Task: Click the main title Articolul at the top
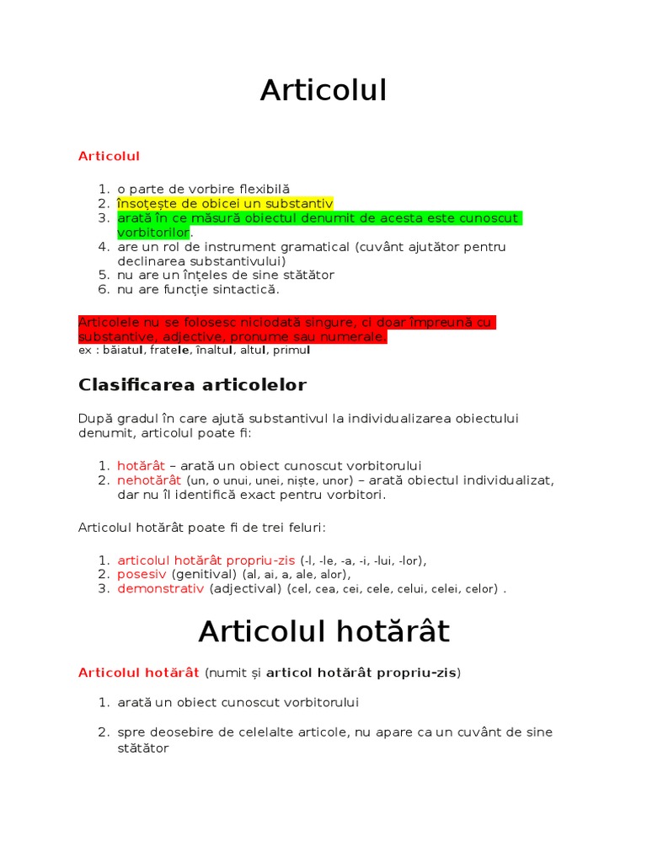click(x=323, y=91)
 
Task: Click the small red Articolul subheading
click(x=109, y=156)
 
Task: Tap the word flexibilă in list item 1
click(x=264, y=189)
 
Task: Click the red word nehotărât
click(x=150, y=480)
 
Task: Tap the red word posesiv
click(x=142, y=574)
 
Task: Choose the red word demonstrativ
click(x=161, y=588)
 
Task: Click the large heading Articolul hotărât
click(x=323, y=631)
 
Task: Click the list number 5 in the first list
click(x=104, y=275)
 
